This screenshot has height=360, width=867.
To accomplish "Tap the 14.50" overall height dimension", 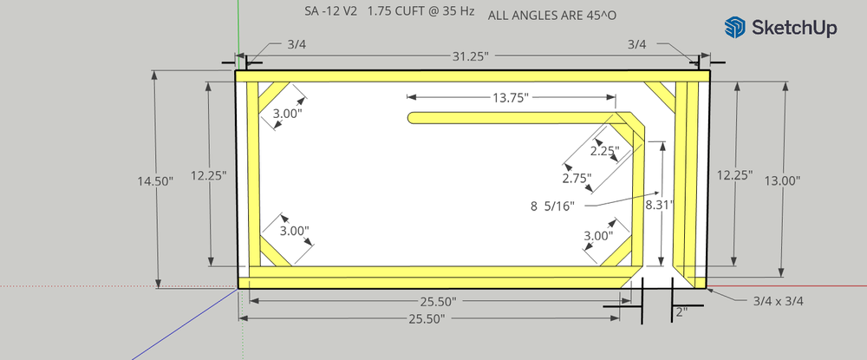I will point(155,180).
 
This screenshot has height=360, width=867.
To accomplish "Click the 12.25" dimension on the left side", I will point(209,174).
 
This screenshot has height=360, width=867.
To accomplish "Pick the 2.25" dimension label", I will point(604,150).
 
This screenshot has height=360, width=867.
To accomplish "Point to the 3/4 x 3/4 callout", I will point(779,301).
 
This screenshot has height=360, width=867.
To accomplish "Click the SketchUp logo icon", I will point(736,28).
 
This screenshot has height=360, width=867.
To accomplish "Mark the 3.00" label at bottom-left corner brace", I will point(295,232).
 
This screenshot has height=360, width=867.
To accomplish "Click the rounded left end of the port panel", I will point(413,119).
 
